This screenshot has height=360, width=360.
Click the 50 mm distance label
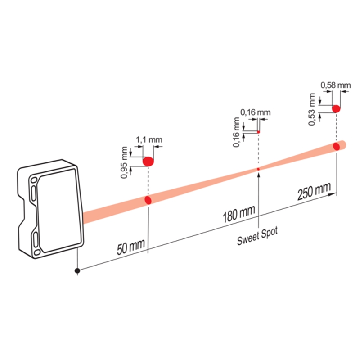click(x=131, y=247)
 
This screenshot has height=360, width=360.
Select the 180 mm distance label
click(x=239, y=214)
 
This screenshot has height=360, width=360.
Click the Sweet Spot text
click(x=257, y=236)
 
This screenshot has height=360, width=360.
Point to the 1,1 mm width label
click(x=149, y=139)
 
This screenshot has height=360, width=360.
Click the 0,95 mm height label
click(x=124, y=162)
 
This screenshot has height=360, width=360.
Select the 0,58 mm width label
click(x=336, y=85)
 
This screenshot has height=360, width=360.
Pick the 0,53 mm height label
click(x=311, y=109)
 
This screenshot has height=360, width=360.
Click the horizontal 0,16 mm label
click(x=256, y=112)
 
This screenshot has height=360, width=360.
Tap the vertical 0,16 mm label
click(x=236, y=132)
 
